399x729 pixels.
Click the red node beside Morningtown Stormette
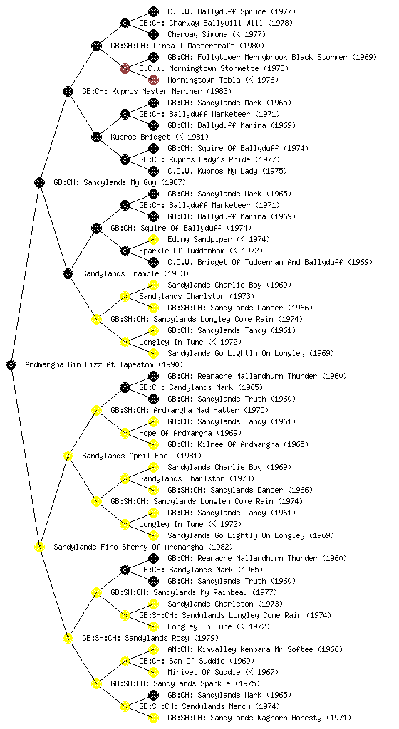coord(125,68)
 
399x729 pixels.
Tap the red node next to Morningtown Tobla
coord(153,80)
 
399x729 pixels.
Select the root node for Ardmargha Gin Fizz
coord(11,364)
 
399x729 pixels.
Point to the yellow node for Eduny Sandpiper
coord(153,239)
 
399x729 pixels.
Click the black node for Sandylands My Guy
coord(39,182)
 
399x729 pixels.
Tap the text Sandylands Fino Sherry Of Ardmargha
coord(128,547)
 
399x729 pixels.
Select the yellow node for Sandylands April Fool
coord(68,456)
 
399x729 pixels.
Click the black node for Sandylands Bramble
coord(68,273)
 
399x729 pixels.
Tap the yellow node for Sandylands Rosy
coord(68,638)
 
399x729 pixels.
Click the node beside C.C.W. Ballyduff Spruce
coord(153,11)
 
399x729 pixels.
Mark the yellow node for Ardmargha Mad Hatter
coord(96,410)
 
